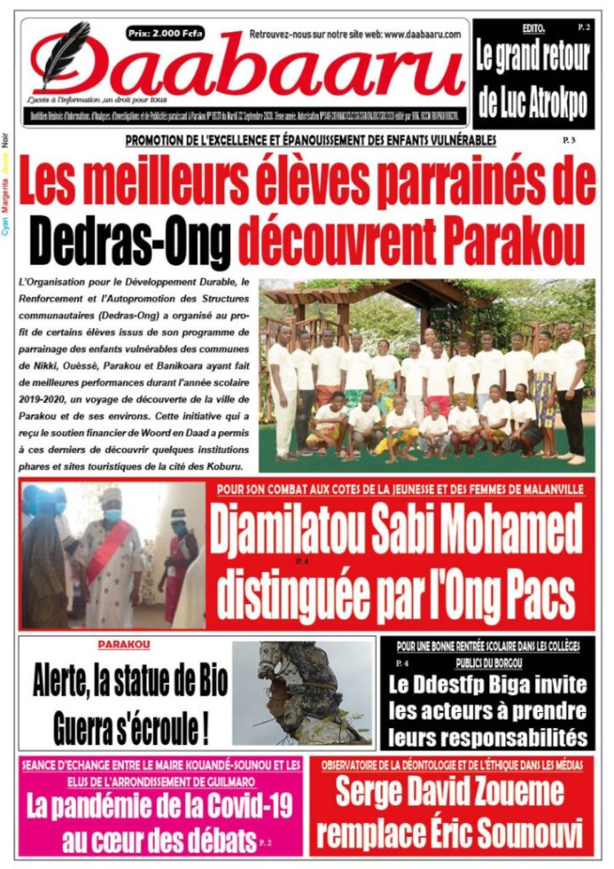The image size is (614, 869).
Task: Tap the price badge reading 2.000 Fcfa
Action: click(165, 34)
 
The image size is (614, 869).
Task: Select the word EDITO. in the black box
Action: click(534, 29)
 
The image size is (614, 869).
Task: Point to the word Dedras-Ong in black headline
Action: click(128, 241)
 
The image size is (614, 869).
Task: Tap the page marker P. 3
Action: click(568, 140)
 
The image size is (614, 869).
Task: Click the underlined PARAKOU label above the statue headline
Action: click(124, 644)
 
